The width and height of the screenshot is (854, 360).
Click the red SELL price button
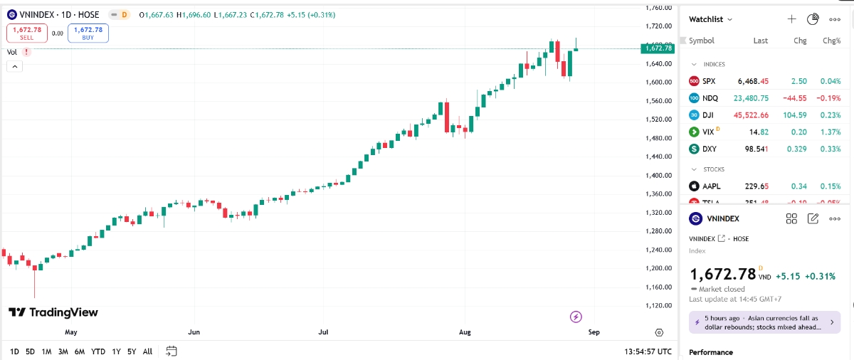tap(27, 33)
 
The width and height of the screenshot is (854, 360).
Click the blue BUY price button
tap(88, 33)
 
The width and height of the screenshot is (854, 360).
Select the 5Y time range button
tap(132, 351)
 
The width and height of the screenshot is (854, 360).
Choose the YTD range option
tap(98, 351)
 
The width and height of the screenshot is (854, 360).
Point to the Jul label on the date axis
tap(324, 332)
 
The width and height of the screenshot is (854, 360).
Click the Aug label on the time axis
tap(465, 332)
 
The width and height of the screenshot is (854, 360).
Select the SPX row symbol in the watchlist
tap(709, 81)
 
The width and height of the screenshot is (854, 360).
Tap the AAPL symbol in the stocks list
tap(711, 186)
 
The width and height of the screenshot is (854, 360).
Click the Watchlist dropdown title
tap(710, 19)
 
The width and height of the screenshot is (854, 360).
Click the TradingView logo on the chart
tap(53, 312)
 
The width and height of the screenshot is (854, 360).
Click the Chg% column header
tap(831, 41)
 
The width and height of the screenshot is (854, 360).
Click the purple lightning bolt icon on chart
tap(576, 317)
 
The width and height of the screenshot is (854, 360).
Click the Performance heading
tap(711, 352)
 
